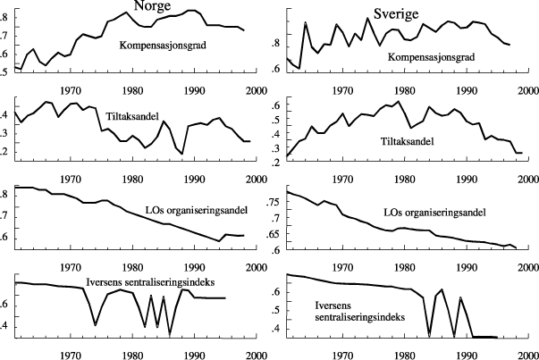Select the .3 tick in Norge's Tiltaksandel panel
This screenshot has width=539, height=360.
coord(4,132)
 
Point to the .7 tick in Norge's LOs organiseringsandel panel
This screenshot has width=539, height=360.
coord(4,215)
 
